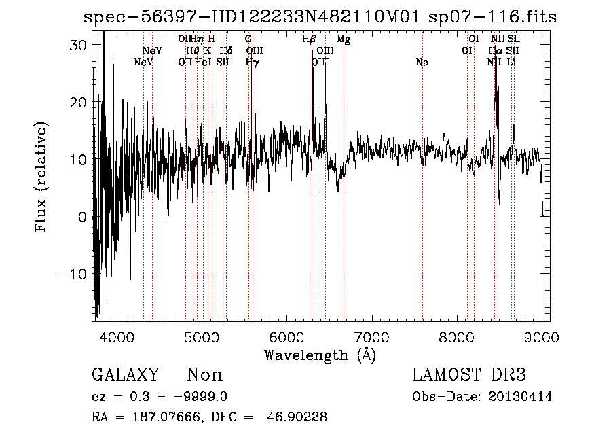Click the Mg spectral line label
click(x=344, y=39)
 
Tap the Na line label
click(x=422, y=63)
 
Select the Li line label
click(x=511, y=63)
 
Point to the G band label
click(x=248, y=39)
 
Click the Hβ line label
click(x=309, y=39)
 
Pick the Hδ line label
click(x=226, y=51)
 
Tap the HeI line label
click(x=203, y=63)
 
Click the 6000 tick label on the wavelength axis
click(x=285, y=336)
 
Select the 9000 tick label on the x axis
click(x=542, y=336)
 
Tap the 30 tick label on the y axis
click(x=77, y=44)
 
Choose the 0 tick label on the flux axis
click(x=81, y=217)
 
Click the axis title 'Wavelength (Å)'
click(x=319, y=355)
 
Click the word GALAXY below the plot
click(x=125, y=375)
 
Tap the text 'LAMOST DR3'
click(x=469, y=375)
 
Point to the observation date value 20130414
click(x=521, y=397)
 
